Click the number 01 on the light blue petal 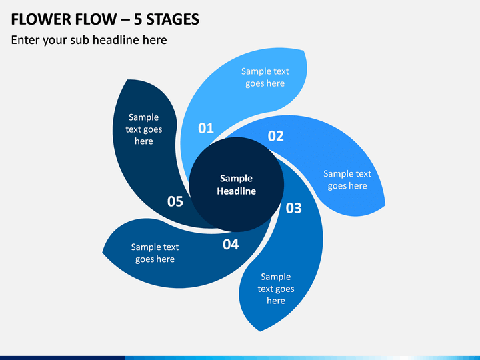206,128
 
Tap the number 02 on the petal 275,136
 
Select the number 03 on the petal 293,208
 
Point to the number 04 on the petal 231,244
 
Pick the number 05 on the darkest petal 175,201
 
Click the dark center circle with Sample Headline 236,185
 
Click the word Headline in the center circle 236,191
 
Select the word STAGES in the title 173,19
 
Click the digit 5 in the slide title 138,19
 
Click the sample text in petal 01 265,77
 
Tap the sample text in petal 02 347,180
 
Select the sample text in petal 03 276,289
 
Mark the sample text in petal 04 155,253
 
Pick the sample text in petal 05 143,129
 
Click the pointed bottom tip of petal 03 260,331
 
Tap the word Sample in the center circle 236,179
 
